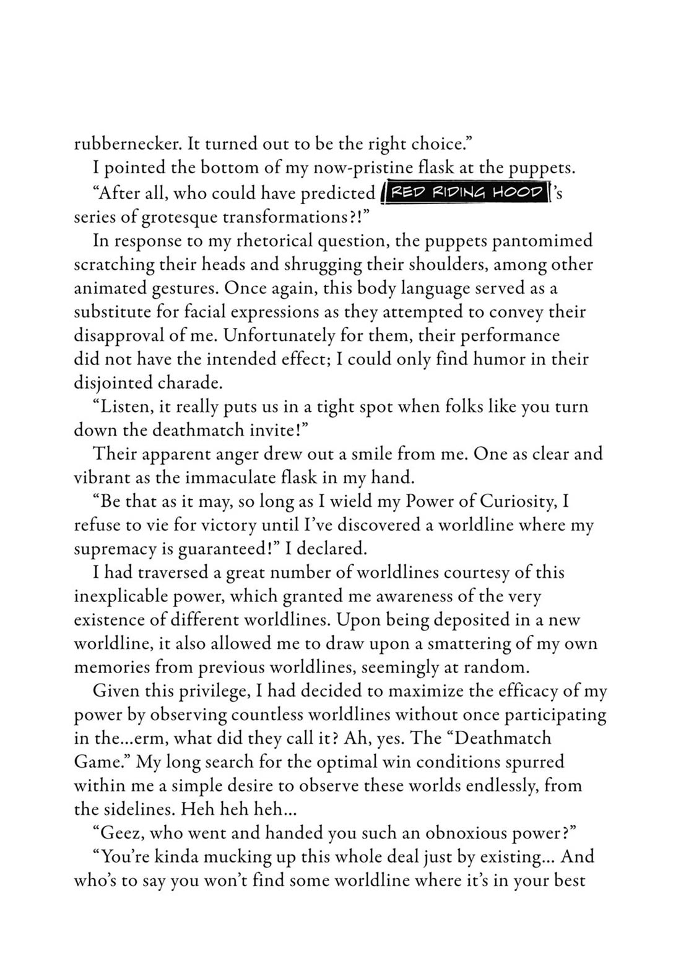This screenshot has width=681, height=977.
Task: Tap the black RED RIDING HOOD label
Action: tap(466, 192)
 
